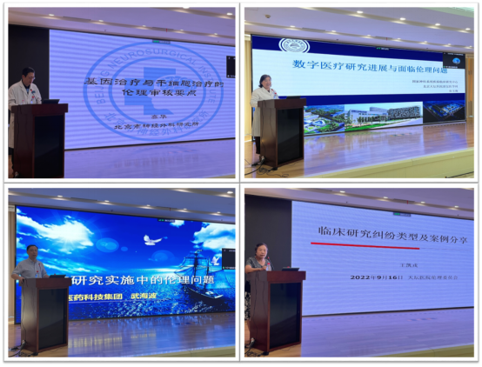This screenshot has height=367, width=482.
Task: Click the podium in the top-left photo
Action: point(39,139)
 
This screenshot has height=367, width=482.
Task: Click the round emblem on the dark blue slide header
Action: point(290,44)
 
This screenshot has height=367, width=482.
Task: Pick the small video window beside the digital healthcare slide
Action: point(452,60)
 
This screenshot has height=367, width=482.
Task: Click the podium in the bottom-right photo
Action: point(277,309)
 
